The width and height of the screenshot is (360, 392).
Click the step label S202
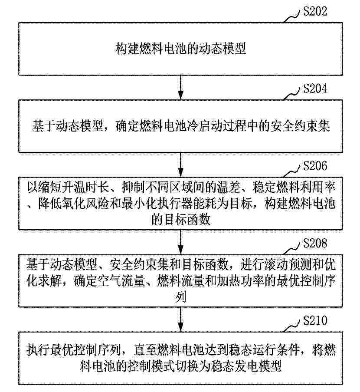click(315, 11)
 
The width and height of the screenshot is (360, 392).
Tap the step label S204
click(315, 89)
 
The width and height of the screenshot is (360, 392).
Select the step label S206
click(315, 166)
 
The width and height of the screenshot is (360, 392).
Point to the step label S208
click(315, 243)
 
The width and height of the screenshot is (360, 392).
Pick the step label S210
click(315, 320)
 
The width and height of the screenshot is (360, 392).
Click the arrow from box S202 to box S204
click(180, 87)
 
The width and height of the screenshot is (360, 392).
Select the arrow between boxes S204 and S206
click(180, 165)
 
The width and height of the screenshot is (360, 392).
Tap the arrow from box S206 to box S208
click(180, 242)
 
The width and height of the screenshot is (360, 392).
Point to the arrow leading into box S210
click(180, 319)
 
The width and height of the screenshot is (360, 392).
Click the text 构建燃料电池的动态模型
click(180, 49)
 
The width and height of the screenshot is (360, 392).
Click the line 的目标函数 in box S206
click(180, 220)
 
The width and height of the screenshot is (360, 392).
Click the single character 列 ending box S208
click(180, 297)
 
